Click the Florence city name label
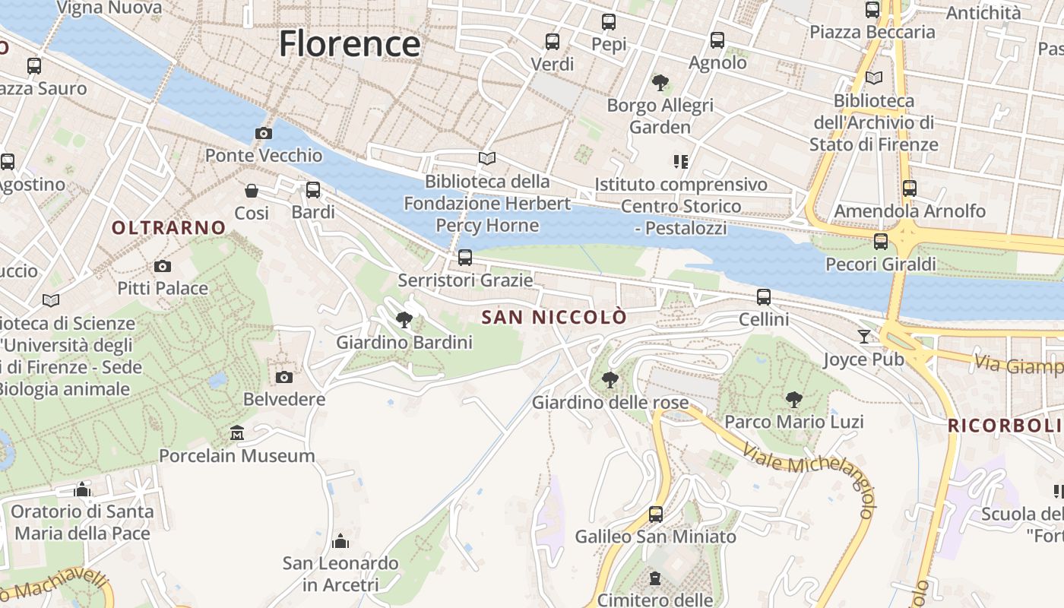(350, 44)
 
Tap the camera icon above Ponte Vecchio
(264, 134)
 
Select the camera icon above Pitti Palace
(162, 266)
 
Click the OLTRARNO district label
(169, 227)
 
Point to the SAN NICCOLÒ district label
(555, 317)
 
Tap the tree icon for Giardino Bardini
(404, 320)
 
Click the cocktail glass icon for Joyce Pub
(864, 336)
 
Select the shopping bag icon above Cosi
(252, 191)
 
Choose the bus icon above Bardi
(313, 190)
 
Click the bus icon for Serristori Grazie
(465, 258)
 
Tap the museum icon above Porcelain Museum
(237, 433)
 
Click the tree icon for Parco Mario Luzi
(794, 399)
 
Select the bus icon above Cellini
(764, 297)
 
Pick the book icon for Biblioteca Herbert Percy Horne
(487, 159)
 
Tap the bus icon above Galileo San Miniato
(656, 515)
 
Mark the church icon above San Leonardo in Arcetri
(340, 541)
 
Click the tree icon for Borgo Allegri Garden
(660, 82)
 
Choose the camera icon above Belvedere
(284, 377)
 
